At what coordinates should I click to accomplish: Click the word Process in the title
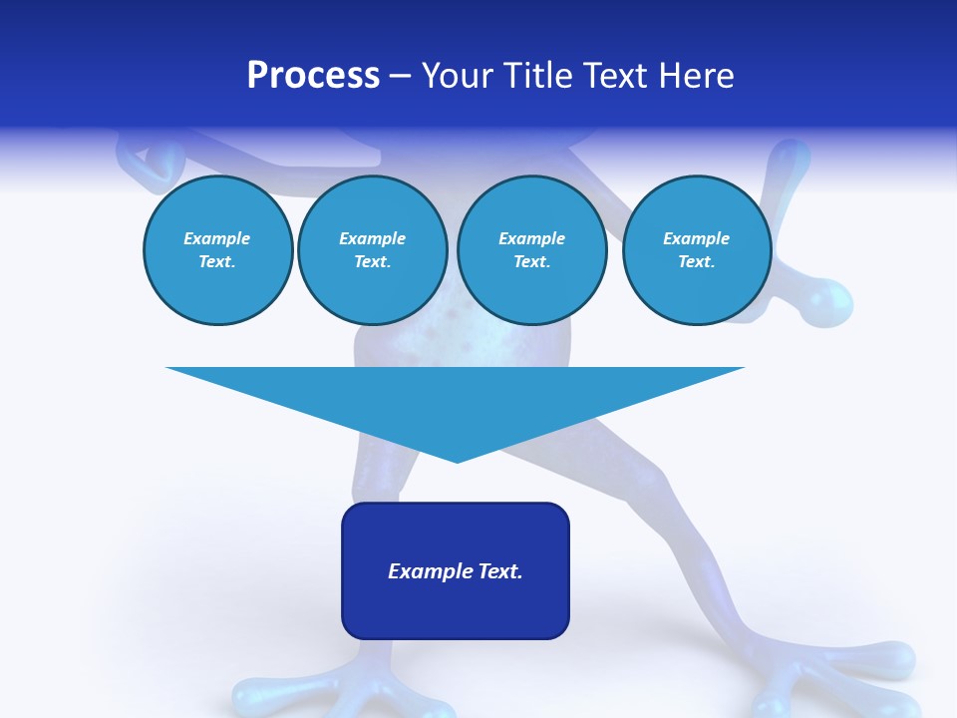[x=313, y=76]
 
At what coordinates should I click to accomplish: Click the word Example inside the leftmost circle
[x=217, y=238]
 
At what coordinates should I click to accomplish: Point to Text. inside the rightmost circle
[x=696, y=261]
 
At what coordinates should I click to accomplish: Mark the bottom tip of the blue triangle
[x=457, y=461]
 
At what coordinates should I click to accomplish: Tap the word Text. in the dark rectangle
[x=501, y=571]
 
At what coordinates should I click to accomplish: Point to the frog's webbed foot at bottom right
[x=847, y=678]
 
